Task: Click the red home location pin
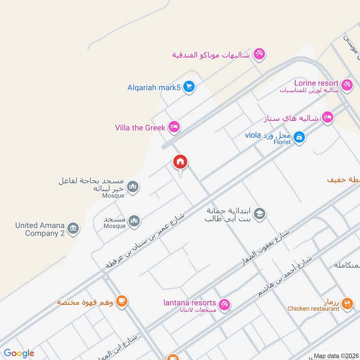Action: [x=180, y=162]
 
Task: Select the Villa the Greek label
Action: [x=140, y=128]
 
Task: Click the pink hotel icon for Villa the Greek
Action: [x=174, y=127]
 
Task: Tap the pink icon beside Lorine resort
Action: [x=346, y=84]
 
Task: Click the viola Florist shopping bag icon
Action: [x=299, y=137]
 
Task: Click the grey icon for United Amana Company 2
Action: [x=73, y=229]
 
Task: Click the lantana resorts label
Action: [x=189, y=303]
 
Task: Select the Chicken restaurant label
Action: [x=314, y=308]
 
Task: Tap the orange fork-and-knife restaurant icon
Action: [x=347, y=304]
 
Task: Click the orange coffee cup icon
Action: [x=121, y=301]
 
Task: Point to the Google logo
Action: [x=19, y=353]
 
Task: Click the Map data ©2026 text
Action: [x=335, y=356]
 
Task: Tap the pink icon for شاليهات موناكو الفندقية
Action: [x=259, y=54]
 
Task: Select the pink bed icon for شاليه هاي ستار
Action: [x=328, y=118]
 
